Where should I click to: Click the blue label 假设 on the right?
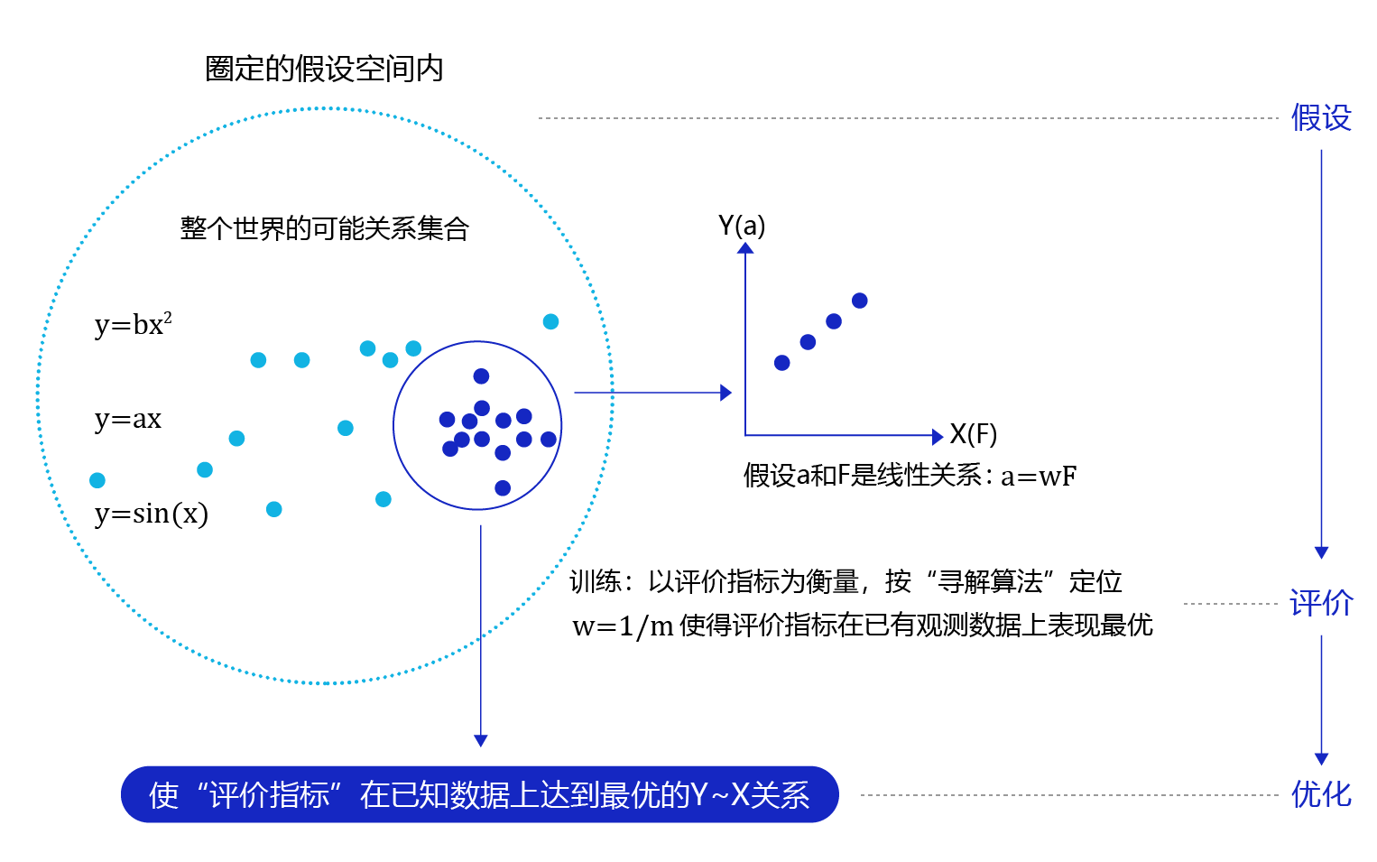point(1320,118)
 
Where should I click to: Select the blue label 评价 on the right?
point(1320,603)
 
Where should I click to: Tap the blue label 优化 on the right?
point(1320,794)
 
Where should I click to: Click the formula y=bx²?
point(133,324)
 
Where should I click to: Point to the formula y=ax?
point(128,419)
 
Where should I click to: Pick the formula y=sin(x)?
point(151,514)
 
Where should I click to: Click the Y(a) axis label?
point(742,226)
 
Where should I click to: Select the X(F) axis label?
point(973,435)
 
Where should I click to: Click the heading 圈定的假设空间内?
point(324,70)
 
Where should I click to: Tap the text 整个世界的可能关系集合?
point(325,228)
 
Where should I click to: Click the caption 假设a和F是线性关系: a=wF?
point(910,476)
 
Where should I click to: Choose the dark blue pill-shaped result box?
point(479,794)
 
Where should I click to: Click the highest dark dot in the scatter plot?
point(860,301)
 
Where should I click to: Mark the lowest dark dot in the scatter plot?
point(782,363)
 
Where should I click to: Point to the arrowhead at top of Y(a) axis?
point(745,248)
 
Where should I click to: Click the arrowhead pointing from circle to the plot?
point(726,393)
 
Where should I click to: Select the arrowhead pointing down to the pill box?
point(481,740)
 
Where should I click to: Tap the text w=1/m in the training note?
point(623,626)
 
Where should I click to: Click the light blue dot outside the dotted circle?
point(550,321)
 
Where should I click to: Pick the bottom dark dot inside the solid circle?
point(503,488)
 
